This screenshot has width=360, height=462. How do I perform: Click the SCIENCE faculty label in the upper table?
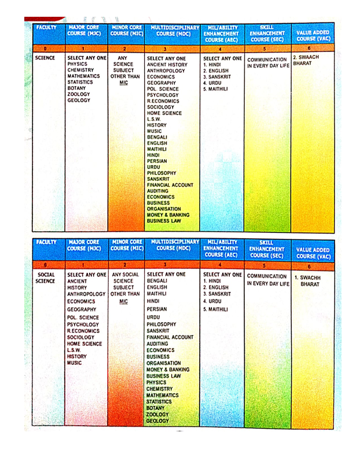[45, 58]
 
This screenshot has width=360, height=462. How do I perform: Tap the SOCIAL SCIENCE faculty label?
[46, 278]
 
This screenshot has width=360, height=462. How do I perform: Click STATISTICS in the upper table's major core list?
[80, 82]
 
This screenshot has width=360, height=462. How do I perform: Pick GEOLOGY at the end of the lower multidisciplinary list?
[157, 421]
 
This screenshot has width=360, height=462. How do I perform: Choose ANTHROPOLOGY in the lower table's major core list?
[86, 294]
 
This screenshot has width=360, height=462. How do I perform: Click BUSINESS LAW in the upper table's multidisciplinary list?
[164, 221]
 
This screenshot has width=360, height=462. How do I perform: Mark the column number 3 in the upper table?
[171, 49]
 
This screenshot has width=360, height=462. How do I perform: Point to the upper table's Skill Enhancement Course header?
[267, 34]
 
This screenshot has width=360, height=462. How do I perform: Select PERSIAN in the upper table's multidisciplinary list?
[157, 161]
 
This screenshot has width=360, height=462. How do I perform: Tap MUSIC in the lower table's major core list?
[74, 363]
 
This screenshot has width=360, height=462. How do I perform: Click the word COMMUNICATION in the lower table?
[267, 276]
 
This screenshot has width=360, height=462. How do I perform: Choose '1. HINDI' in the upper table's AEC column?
[212, 65]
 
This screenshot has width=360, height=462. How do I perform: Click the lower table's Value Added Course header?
[313, 253]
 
